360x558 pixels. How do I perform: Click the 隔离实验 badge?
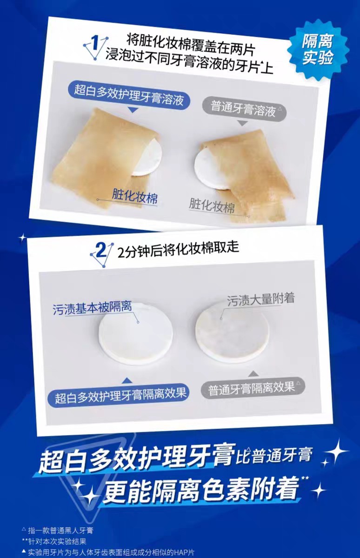click(318, 50)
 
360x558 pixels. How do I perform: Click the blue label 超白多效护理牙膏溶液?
click(129, 89)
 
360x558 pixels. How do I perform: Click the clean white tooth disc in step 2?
click(135, 333)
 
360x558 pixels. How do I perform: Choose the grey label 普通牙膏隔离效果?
click(252, 388)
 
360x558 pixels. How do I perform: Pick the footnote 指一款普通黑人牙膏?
click(60, 530)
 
